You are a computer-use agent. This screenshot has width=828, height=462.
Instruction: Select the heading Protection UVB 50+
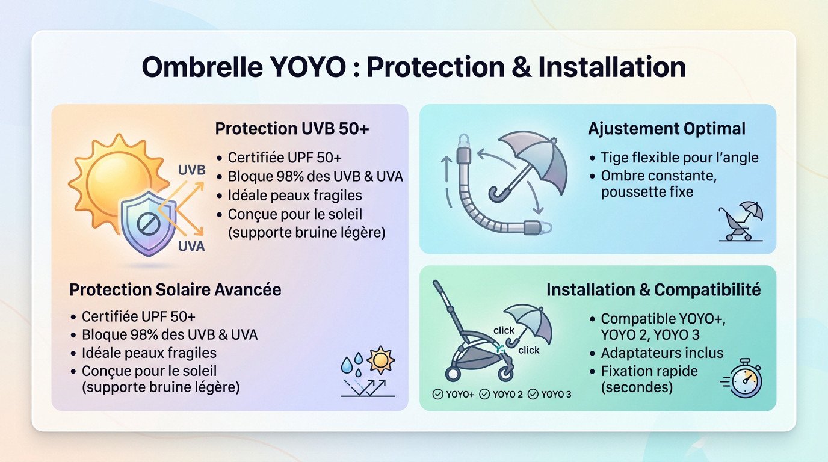point(292,129)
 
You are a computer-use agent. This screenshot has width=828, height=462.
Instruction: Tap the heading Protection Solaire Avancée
point(175,289)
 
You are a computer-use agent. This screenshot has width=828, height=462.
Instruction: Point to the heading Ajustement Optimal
point(667,129)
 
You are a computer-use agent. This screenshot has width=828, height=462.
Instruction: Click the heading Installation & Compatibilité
point(653,290)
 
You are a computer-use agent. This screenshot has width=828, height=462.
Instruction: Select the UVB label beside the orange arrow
point(192,170)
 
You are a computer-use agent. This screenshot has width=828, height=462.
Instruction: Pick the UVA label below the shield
point(191,247)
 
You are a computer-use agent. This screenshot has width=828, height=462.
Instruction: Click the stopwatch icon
point(746,379)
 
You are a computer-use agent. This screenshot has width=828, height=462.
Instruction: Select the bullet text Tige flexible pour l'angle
point(679,158)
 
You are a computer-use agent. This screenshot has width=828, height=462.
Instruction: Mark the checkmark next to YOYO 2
point(484,395)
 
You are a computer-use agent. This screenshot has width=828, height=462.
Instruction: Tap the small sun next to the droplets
point(380,360)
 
